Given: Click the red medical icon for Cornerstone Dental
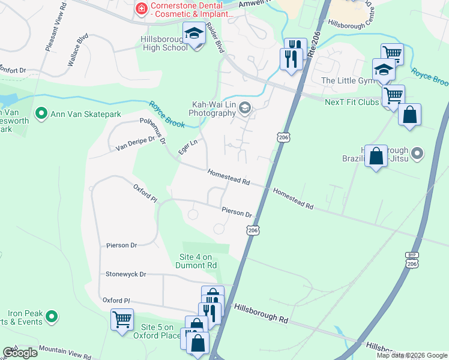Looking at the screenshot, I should click(x=142, y=8).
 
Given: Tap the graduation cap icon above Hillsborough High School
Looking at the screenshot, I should click(x=193, y=34).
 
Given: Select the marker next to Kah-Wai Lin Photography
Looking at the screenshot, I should click(x=244, y=108).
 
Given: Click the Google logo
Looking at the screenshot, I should click(x=19, y=353).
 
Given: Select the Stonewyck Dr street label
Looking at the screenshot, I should click(x=126, y=274).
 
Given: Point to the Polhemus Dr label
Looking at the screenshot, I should click(x=152, y=128).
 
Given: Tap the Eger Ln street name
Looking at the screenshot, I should click(x=188, y=147).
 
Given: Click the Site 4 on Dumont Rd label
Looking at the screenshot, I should click(x=197, y=261).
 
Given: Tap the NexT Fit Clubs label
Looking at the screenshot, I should click(x=352, y=102).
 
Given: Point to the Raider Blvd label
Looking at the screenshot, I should click(x=215, y=38).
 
